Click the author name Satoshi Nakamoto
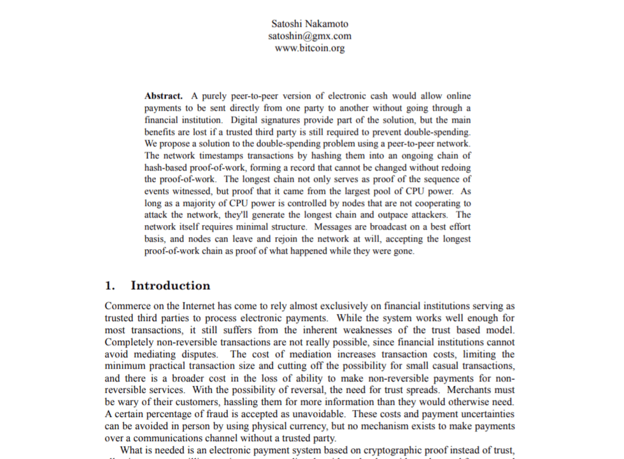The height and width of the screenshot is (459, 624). pos(309,24)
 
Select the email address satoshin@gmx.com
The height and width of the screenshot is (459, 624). pos(309,36)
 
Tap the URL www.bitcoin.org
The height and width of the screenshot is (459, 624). pos(309,48)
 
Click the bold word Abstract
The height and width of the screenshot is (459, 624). pos(164,96)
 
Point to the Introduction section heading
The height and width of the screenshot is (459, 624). pos(170,285)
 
